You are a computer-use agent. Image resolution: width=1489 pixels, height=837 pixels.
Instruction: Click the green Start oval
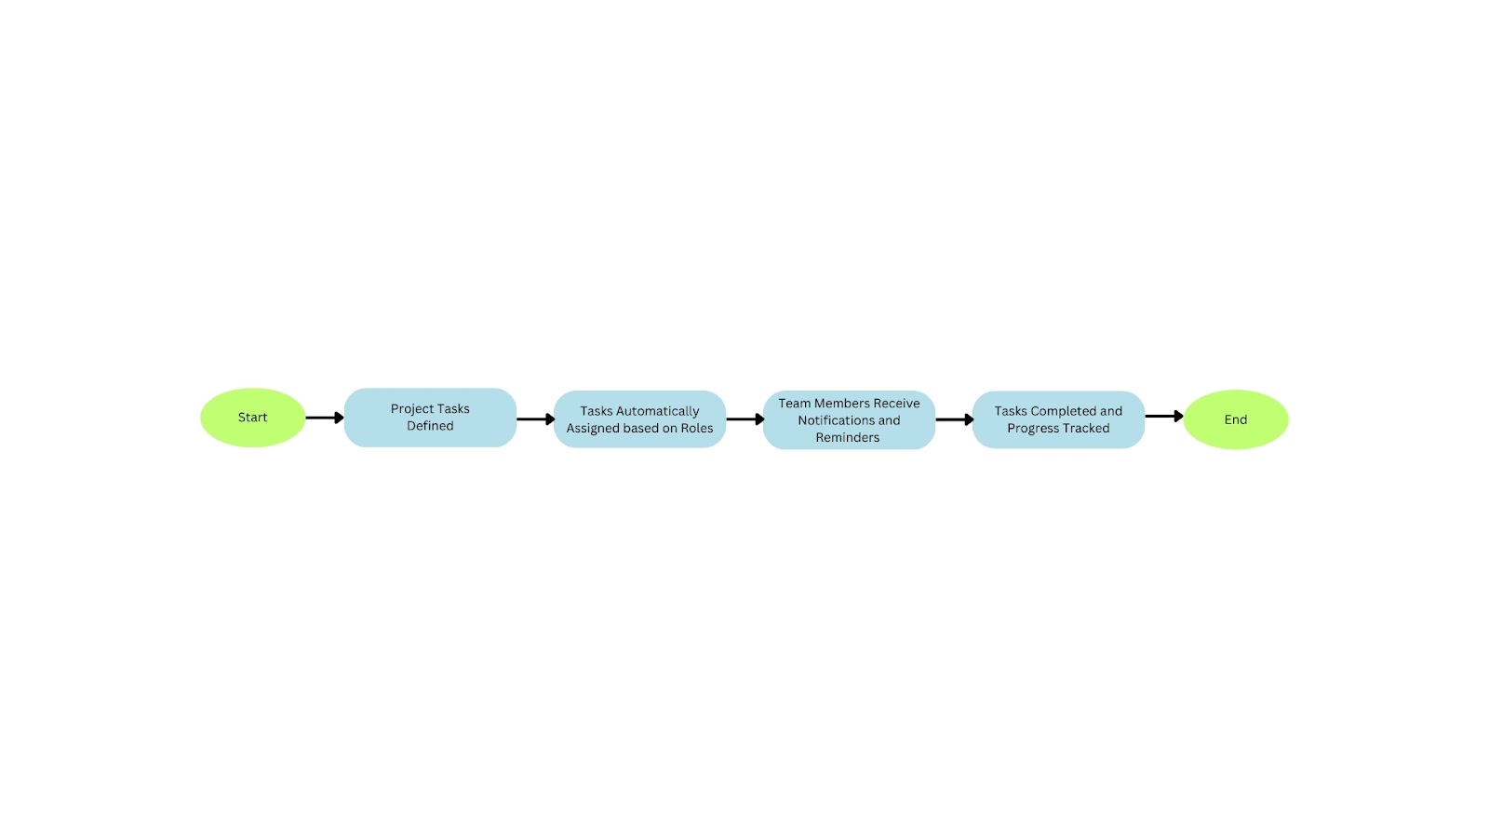(x=252, y=418)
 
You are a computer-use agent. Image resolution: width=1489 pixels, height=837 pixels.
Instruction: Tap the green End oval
(x=1235, y=419)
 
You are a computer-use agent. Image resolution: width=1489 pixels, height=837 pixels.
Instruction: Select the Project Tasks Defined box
(x=430, y=418)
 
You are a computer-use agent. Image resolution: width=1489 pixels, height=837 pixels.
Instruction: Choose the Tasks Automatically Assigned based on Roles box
(x=639, y=419)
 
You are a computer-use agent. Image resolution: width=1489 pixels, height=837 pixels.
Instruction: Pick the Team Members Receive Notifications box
(x=849, y=419)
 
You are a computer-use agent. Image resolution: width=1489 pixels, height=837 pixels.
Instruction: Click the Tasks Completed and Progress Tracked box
(x=1058, y=419)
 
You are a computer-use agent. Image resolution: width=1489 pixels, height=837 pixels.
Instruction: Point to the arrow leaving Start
(x=324, y=418)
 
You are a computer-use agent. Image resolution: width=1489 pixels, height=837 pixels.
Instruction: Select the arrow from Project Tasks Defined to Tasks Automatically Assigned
(x=535, y=419)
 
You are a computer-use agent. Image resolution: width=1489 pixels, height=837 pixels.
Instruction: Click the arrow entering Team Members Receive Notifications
(x=744, y=419)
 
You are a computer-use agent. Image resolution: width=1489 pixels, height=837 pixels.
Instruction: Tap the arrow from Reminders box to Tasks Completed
(x=954, y=419)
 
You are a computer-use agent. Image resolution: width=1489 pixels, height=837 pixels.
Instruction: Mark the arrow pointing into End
(x=1163, y=417)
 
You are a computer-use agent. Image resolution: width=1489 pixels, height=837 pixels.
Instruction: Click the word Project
(x=412, y=409)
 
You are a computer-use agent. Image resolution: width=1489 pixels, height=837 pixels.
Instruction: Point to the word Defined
(x=430, y=426)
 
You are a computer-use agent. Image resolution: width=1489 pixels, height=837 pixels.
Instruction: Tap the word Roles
(x=697, y=429)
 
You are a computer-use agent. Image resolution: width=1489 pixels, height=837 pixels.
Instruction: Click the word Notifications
(x=836, y=420)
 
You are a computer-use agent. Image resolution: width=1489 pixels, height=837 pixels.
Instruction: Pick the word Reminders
(x=848, y=438)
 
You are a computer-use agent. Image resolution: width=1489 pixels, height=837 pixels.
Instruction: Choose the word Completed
(x=1064, y=411)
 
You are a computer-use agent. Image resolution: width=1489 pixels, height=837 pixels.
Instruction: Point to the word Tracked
(x=1086, y=429)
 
